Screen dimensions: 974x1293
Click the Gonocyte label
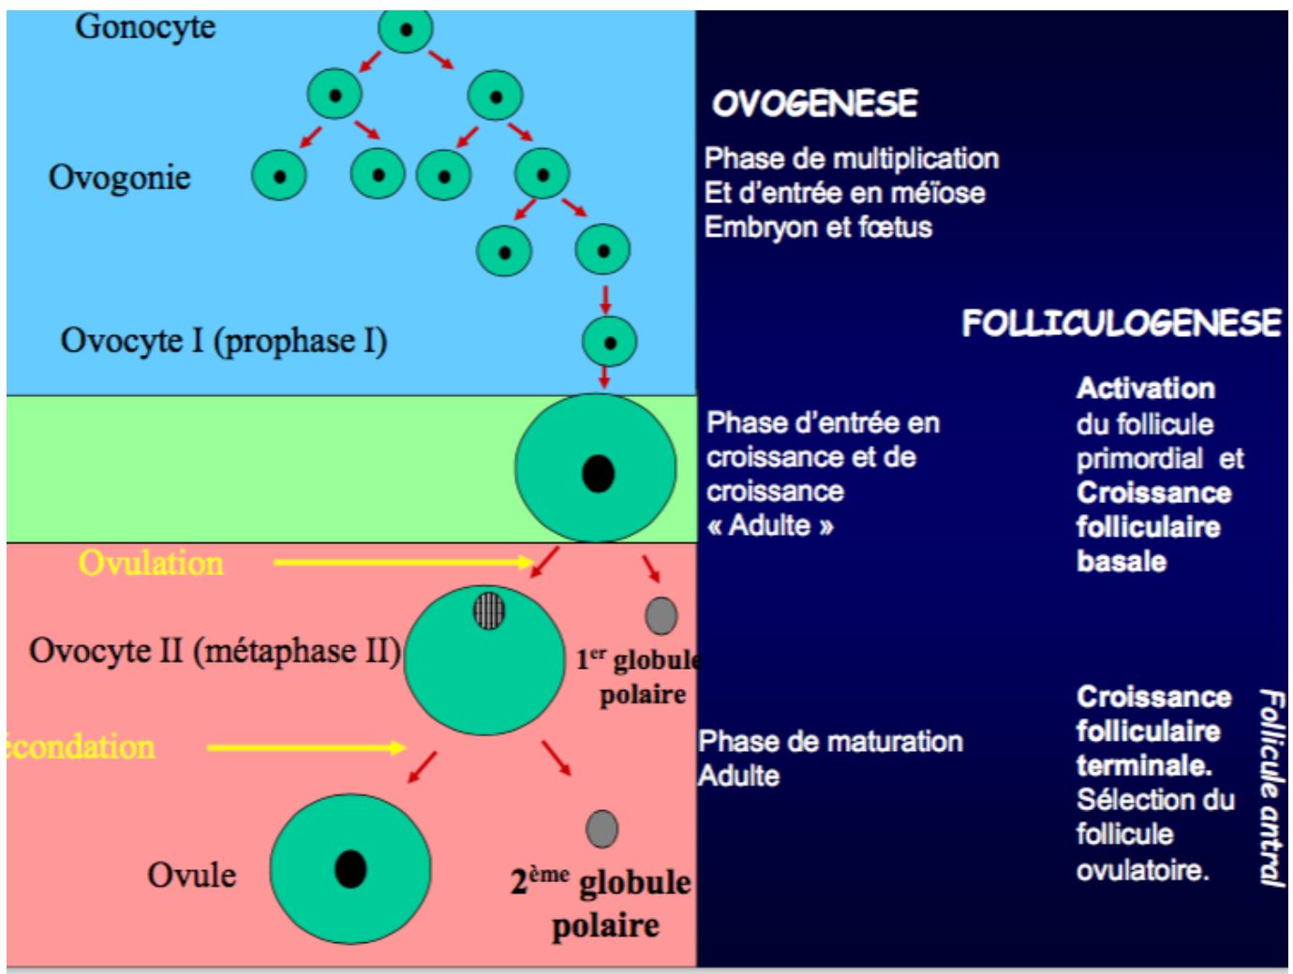click(x=145, y=27)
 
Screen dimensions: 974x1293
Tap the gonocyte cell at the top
click(x=406, y=30)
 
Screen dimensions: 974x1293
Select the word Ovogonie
click(x=120, y=177)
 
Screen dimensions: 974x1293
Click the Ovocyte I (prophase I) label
click(x=224, y=341)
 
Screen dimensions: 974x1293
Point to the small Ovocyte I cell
click(x=609, y=342)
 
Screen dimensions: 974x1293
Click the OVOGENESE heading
click(x=814, y=103)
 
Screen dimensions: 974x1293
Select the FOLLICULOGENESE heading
click(x=1121, y=323)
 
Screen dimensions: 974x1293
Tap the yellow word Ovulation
click(x=151, y=563)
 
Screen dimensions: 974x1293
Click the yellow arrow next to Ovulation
click(x=403, y=562)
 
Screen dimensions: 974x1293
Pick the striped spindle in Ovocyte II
click(x=488, y=611)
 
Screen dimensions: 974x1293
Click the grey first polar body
click(x=661, y=615)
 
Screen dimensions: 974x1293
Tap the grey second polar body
click(x=602, y=829)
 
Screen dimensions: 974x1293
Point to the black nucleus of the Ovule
click(x=350, y=869)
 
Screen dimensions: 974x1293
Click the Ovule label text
click(x=192, y=875)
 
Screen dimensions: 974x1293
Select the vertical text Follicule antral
click(x=1271, y=787)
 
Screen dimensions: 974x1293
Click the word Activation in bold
click(x=1145, y=388)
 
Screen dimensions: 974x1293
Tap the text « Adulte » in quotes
click(x=770, y=525)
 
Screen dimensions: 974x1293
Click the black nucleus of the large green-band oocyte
click(x=598, y=473)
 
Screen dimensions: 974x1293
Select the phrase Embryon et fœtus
click(x=818, y=228)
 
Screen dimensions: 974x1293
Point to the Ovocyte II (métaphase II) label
click(x=215, y=651)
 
